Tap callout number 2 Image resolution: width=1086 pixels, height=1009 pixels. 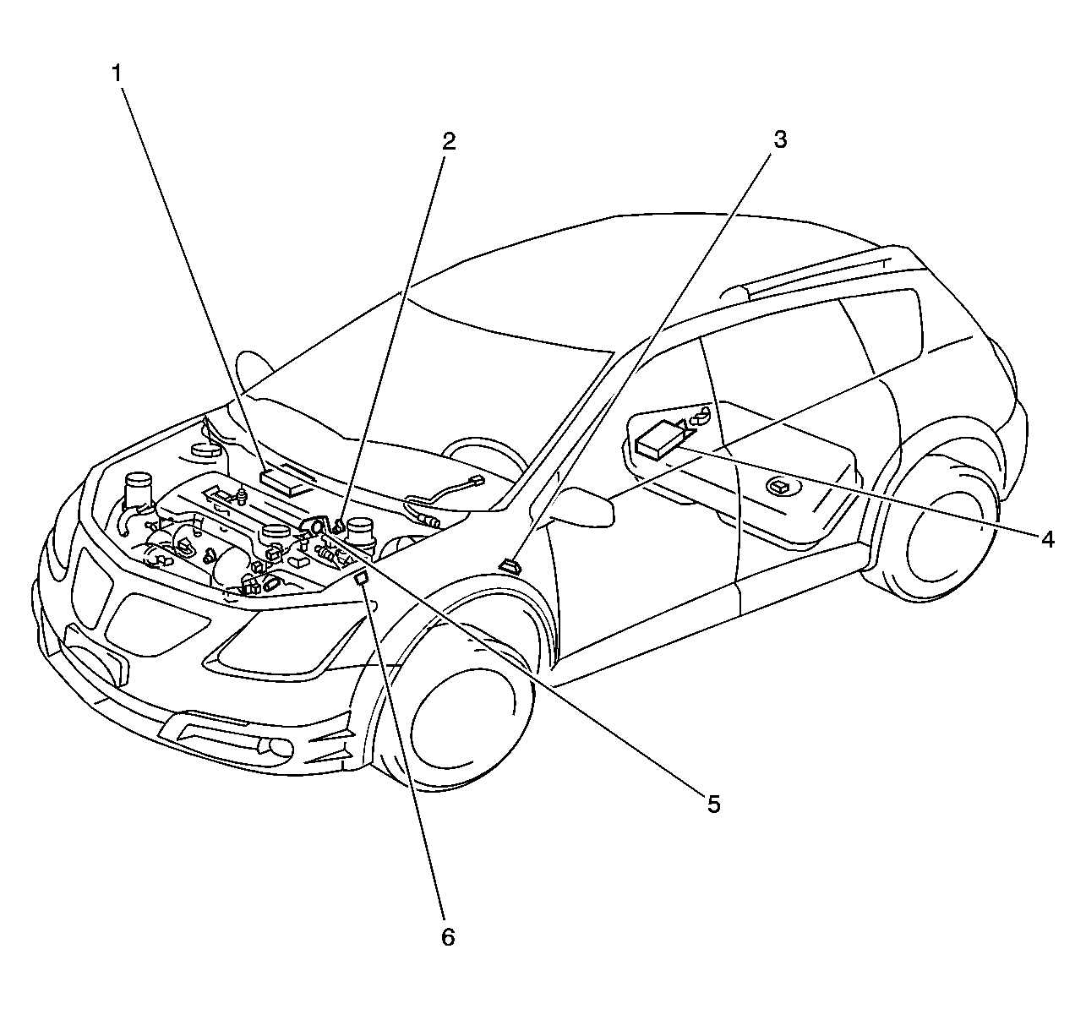(x=448, y=141)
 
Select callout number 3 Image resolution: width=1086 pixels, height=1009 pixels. (x=780, y=139)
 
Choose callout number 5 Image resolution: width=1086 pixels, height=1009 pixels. (x=713, y=804)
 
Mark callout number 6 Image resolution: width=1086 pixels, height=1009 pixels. (x=448, y=936)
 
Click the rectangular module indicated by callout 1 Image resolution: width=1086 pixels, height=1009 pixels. (x=283, y=481)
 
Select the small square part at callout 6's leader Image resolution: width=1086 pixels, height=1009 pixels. (x=361, y=579)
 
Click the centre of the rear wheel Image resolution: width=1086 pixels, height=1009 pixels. (x=945, y=542)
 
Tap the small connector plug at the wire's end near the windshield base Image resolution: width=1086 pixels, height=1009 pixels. (x=478, y=481)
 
